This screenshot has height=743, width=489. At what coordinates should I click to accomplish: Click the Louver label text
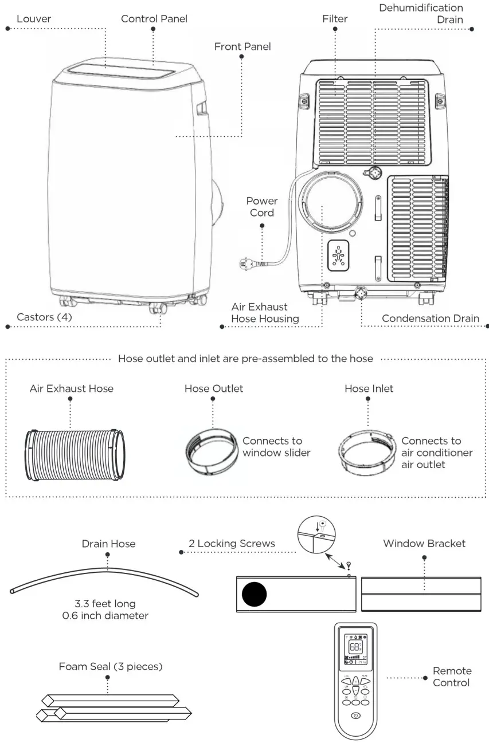tap(33, 19)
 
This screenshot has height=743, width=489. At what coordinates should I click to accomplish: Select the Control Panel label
tap(154, 19)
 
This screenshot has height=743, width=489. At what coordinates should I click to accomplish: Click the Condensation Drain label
tap(430, 319)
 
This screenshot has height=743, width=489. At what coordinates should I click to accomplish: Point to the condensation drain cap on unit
tap(362, 292)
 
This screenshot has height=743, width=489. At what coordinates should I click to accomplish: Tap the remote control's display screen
tap(355, 648)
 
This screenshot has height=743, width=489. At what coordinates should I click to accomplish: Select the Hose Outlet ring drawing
tap(212, 450)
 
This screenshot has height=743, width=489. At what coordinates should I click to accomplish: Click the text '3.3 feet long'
tap(105, 604)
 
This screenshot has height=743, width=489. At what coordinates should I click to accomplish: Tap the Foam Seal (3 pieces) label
tap(111, 667)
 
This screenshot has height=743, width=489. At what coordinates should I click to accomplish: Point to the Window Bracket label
tap(424, 543)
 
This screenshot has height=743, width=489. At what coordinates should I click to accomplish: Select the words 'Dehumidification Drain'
tap(421, 13)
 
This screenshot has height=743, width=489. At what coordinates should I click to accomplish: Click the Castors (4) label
tap(44, 316)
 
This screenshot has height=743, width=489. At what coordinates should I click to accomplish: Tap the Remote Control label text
tap(452, 677)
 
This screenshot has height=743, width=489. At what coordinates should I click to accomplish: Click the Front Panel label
tap(242, 46)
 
